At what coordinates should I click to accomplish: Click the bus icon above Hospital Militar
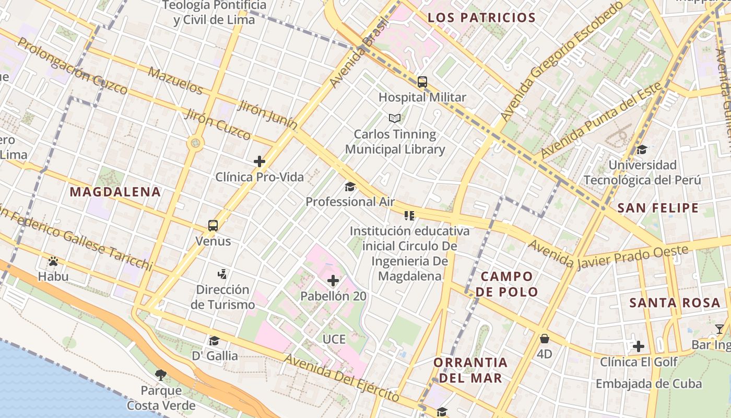click(422, 82)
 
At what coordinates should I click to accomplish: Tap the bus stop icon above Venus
click(213, 226)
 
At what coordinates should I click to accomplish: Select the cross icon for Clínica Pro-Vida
click(260, 161)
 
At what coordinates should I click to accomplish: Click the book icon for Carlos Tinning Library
click(395, 119)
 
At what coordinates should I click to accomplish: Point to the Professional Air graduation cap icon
click(350, 187)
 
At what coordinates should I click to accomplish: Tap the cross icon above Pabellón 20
click(333, 281)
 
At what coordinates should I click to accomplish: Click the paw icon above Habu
click(53, 261)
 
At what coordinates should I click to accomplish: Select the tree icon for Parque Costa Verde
click(161, 375)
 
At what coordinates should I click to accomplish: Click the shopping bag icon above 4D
click(545, 339)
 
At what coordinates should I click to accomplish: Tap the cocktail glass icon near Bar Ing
click(720, 329)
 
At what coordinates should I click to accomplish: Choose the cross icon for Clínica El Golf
click(638, 346)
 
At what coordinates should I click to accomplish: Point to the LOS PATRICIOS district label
click(482, 18)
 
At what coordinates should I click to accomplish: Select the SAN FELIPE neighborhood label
click(658, 208)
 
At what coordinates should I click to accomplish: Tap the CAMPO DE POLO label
click(507, 284)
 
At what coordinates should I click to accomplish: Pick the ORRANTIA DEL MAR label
click(470, 369)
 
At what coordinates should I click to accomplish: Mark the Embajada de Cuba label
click(649, 384)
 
